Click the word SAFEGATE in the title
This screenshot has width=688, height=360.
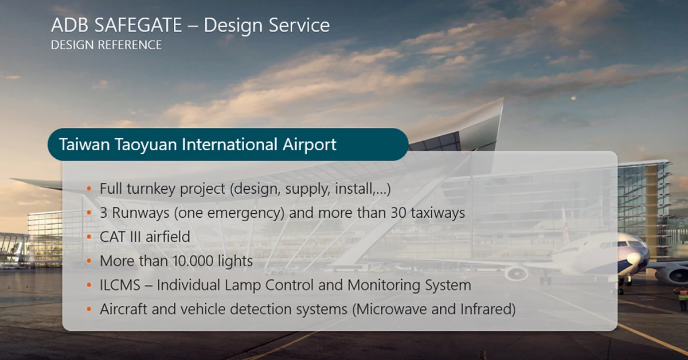click(x=138, y=25)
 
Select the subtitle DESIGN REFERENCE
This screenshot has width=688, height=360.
click(x=106, y=45)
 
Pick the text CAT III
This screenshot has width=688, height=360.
click(x=120, y=237)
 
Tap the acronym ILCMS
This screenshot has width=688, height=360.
click(x=120, y=285)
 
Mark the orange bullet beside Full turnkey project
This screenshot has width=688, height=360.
click(x=89, y=188)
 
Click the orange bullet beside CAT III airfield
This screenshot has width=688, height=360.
click(x=89, y=237)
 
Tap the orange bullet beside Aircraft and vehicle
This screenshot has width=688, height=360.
click(x=89, y=309)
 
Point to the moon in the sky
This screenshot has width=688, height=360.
click(x=573, y=98)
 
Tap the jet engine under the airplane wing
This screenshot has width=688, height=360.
click(x=517, y=273)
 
